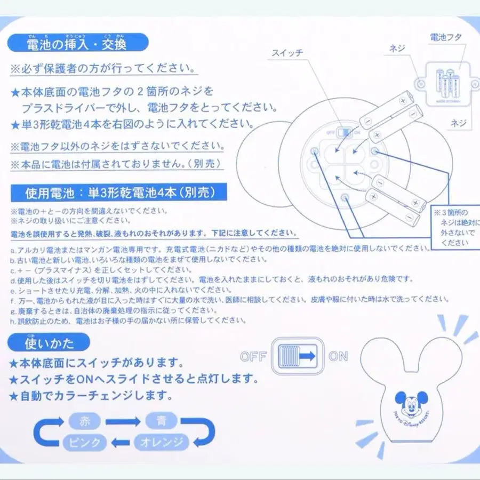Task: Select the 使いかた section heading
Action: tap(50, 342)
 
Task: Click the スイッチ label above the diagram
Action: tap(287, 53)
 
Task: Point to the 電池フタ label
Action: tap(445, 37)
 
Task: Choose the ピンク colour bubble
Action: tap(85, 442)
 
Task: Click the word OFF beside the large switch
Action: tap(253, 357)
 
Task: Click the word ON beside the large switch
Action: tap(338, 357)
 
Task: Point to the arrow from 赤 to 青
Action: tap(122, 421)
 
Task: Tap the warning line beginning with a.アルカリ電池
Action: tap(219, 249)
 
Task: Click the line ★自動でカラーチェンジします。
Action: tap(91, 396)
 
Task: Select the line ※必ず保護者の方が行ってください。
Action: tap(101, 69)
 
